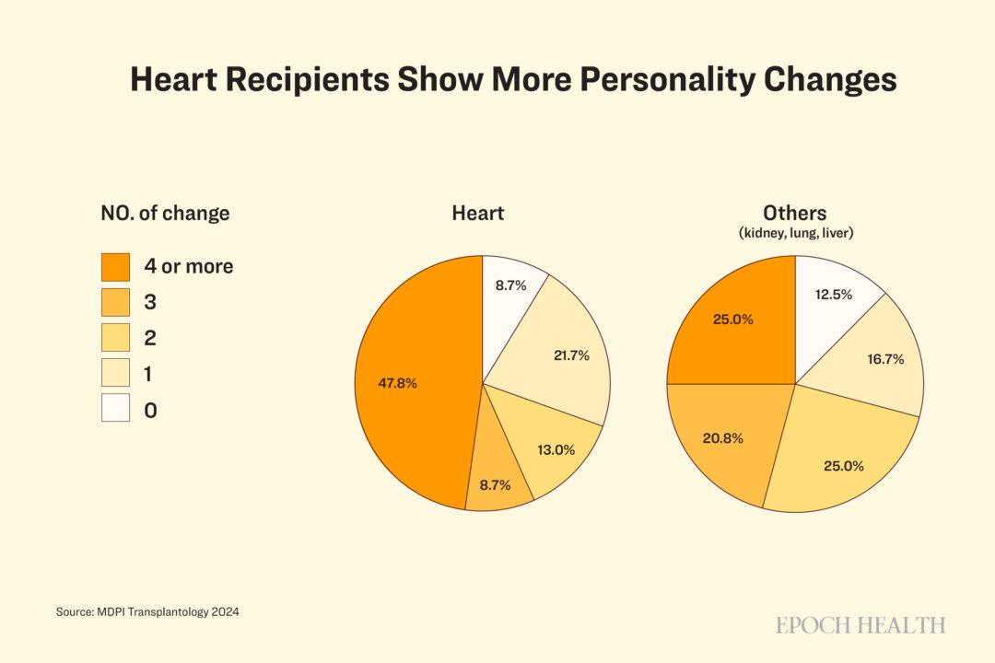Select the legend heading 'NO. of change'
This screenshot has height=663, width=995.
tap(165, 214)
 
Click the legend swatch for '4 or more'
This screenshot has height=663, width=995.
tap(115, 267)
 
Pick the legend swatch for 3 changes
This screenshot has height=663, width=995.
tap(115, 302)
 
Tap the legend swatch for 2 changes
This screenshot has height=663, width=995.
tap(115, 338)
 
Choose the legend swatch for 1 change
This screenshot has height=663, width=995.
tap(115, 373)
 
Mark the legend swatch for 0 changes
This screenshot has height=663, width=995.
tap(115, 409)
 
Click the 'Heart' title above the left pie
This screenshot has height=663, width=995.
tap(477, 214)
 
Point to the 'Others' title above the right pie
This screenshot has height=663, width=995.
tap(794, 214)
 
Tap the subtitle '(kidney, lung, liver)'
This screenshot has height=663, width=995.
tap(795, 234)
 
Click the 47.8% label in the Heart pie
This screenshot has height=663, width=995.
tap(397, 383)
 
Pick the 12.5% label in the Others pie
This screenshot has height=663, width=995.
tap(833, 295)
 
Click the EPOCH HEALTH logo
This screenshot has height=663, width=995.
tap(860, 625)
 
